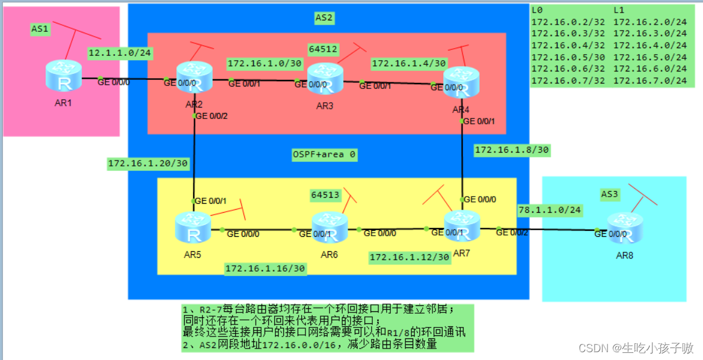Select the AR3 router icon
pyautogui.click(x=325, y=78)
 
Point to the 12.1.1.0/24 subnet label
pyautogui.click(x=120, y=53)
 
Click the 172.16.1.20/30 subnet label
pyautogui.click(x=148, y=163)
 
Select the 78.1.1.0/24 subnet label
pyautogui.click(x=550, y=210)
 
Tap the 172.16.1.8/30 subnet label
pyautogui.click(x=512, y=149)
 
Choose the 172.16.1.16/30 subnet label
pyautogui.click(x=265, y=269)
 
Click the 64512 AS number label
pyautogui.click(x=323, y=48)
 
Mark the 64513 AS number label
pyautogui.click(x=325, y=195)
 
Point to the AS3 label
pyautogui.click(x=610, y=194)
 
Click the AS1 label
pyautogui.click(x=40, y=28)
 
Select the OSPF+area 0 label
pyautogui.click(x=324, y=154)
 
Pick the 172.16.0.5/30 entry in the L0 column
pyautogui.click(x=568, y=57)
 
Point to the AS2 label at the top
pyautogui.click(x=324, y=17)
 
